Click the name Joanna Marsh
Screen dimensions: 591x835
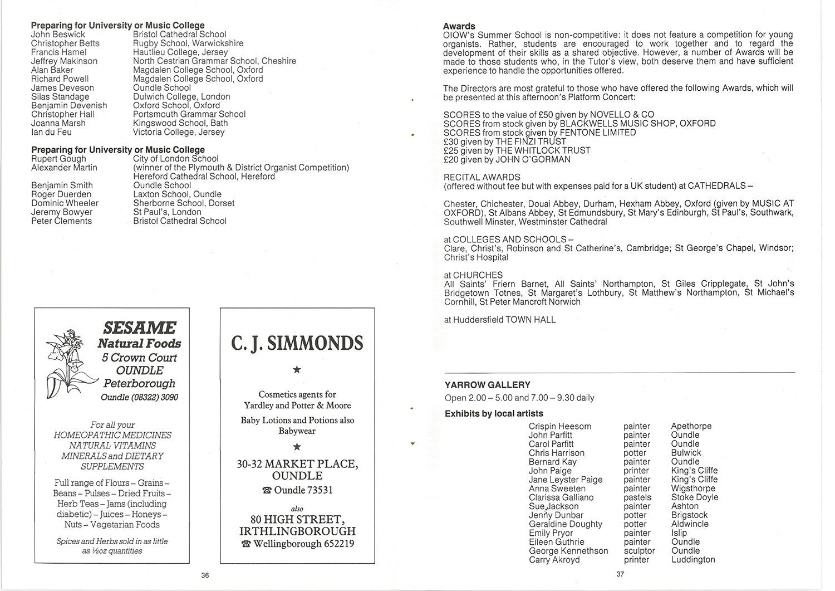pos(58,123)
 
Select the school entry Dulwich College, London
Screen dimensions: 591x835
pos(181,96)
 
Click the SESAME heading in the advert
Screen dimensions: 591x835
pos(140,328)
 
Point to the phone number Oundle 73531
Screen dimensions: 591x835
pos(297,490)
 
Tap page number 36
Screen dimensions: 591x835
pos(205,575)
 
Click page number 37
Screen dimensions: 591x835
pos(620,575)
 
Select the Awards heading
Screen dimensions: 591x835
pos(459,26)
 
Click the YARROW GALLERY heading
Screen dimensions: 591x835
pos(488,385)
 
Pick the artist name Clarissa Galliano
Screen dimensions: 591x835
pos(561,497)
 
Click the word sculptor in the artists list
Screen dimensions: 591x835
pos(639,551)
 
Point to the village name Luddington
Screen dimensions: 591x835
pos(693,560)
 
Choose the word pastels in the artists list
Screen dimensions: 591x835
pos(637,497)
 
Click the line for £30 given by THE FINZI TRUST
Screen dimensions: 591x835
pos(504,141)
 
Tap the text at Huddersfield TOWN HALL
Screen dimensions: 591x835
pos(500,320)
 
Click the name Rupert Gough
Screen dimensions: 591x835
pos(58,159)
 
